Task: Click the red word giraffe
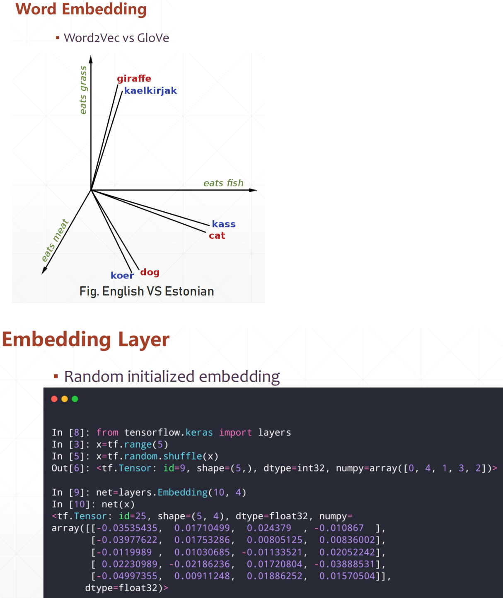point(134,78)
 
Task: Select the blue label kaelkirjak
point(150,91)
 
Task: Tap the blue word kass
point(224,224)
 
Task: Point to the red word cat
point(217,236)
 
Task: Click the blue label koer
point(122,276)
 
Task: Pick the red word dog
point(150,272)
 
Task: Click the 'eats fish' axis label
point(223,183)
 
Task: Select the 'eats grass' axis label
point(83,90)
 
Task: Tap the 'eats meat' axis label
point(55,240)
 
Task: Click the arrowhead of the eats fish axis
point(254,190)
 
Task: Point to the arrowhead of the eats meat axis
point(44,271)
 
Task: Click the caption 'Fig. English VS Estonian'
point(147,291)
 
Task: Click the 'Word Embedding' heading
point(81,9)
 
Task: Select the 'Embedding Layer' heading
point(86,339)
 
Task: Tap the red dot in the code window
point(54,399)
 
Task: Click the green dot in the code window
point(75,399)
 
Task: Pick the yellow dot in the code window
point(65,399)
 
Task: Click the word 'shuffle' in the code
point(183,456)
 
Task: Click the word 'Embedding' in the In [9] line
point(183,492)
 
